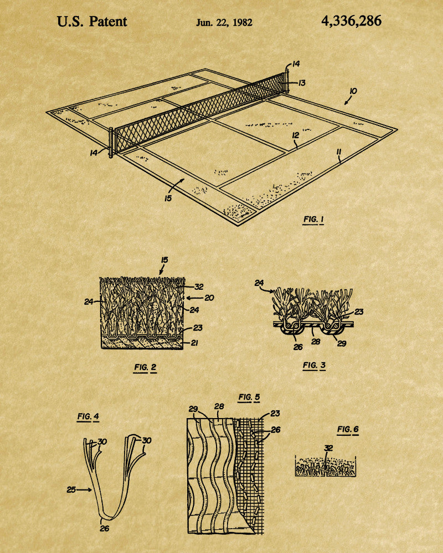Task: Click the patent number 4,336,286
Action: click(x=351, y=21)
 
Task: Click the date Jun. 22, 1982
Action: click(x=224, y=23)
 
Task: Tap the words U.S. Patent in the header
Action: click(x=92, y=22)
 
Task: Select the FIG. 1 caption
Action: click(x=313, y=220)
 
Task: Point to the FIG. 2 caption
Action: click(x=145, y=368)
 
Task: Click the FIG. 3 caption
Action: click(x=314, y=366)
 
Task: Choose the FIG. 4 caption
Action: click(x=88, y=416)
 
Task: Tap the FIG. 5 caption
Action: click(x=249, y=397)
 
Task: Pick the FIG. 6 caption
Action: click(x=348, y=429)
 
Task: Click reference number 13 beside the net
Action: click(x=302, y=83)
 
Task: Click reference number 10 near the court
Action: click(x=353, y=91)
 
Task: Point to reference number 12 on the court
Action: click(x=296, y=135)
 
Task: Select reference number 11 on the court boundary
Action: click(x=339, y=152)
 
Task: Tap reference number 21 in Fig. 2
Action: click(x=194, y=342)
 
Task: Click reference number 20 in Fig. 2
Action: click(x=209, y=298)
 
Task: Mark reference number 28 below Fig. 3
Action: click(x=316, y=341)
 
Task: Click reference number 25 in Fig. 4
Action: click(x=71, y=489)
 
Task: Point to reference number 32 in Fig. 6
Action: click(x=328, y=448)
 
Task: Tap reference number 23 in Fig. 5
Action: click(x=275, y=413)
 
